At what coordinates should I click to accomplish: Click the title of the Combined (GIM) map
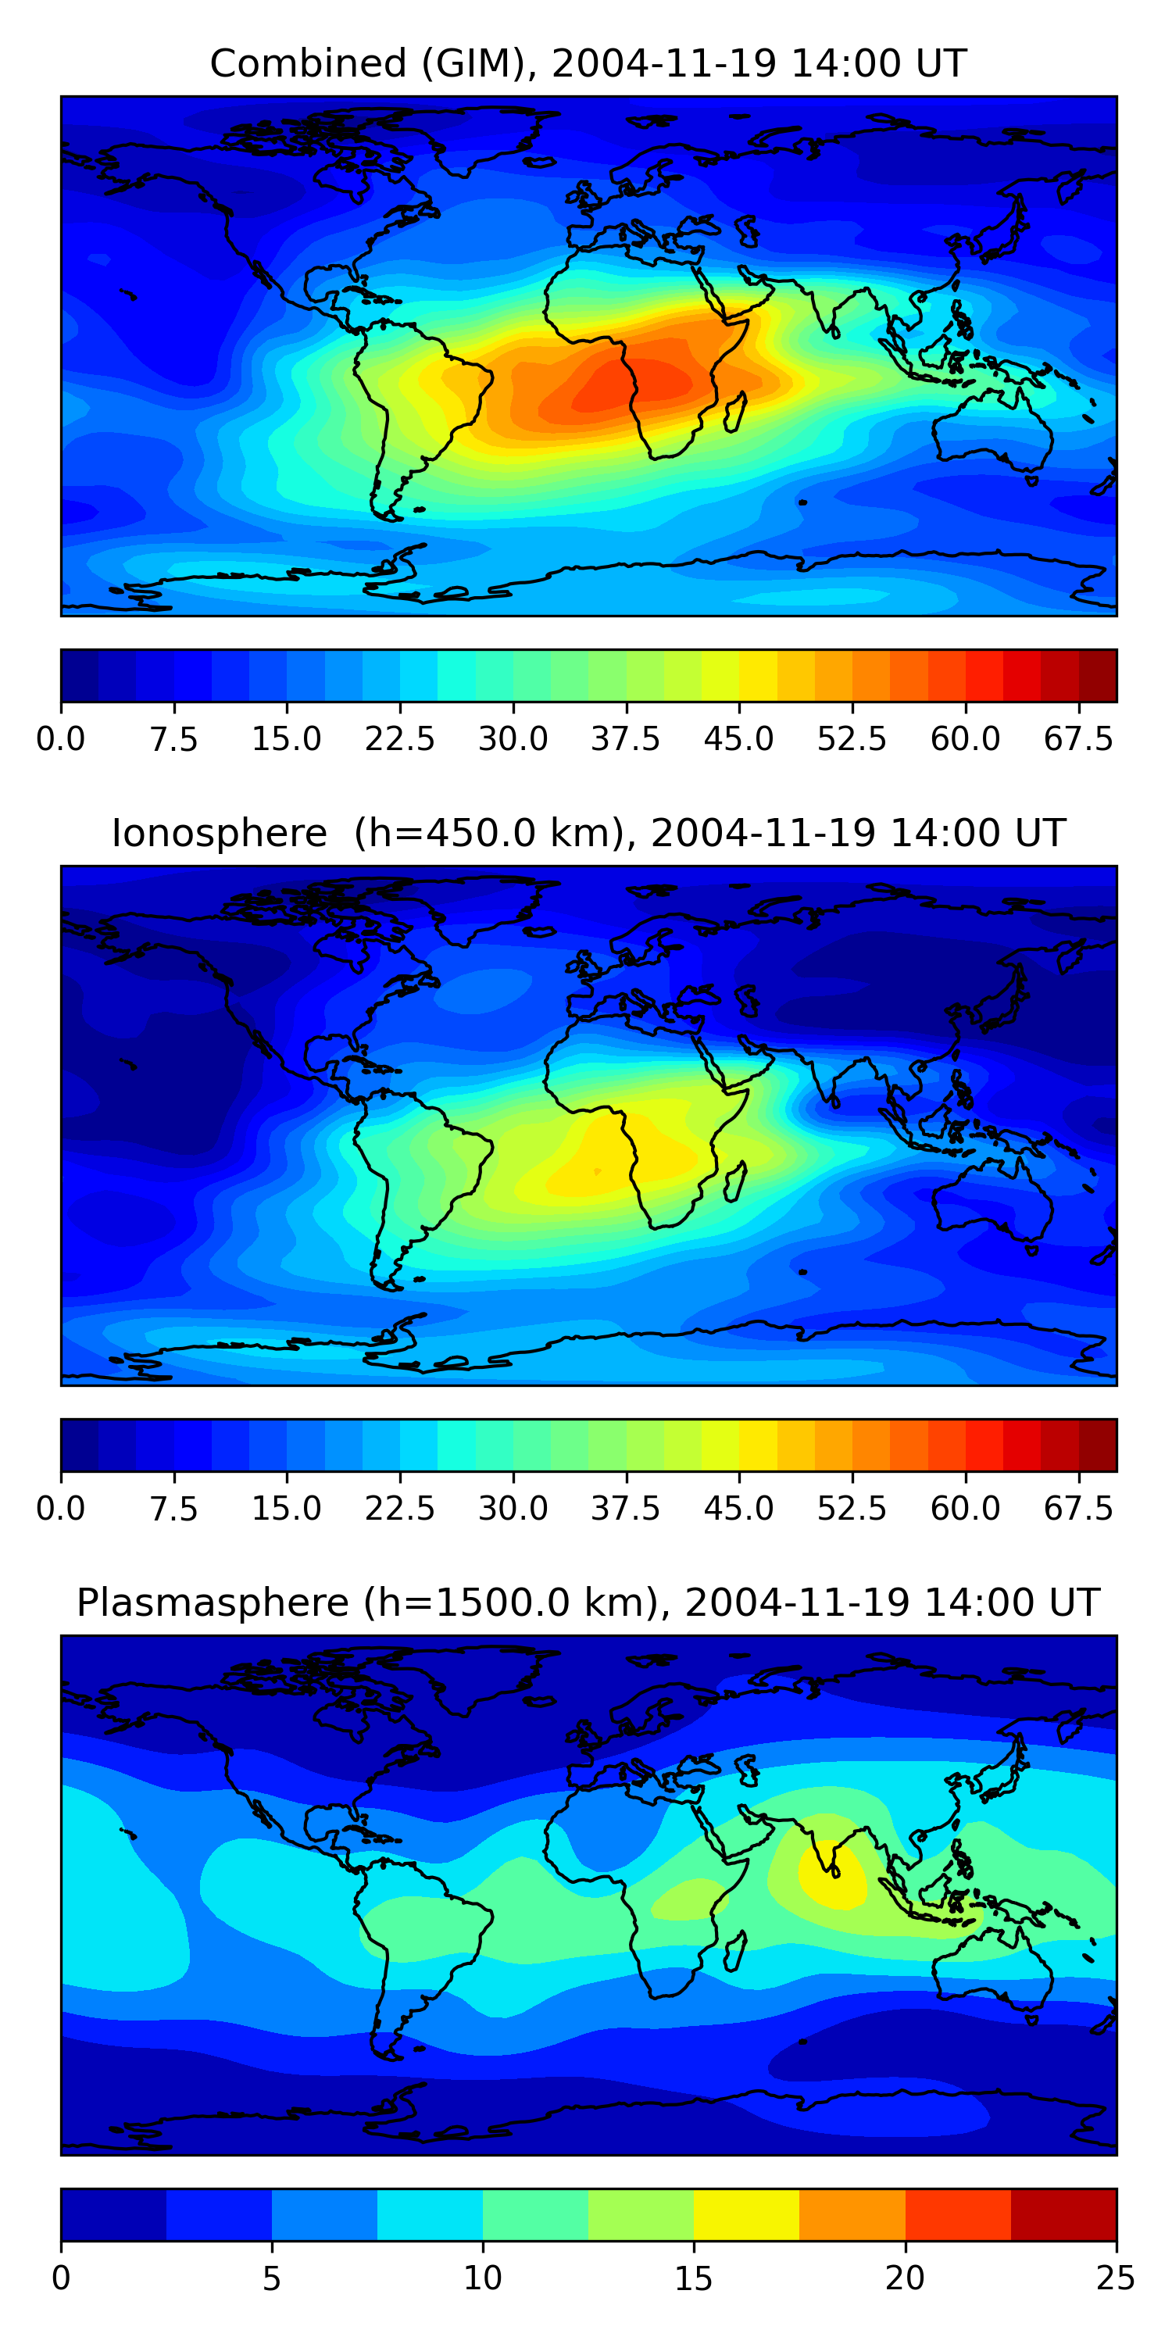click(x=588, y=64)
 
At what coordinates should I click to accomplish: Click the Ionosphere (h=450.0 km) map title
click(x=588, y=834)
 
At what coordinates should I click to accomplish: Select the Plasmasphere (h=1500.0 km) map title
click(x=588, y=1603)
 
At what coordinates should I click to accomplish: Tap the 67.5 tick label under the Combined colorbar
click(x=1078, y=739)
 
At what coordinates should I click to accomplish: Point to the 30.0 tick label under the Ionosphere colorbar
click(x=513, y=1509)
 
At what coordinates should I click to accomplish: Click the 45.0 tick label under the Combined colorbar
click(x=739, y=739)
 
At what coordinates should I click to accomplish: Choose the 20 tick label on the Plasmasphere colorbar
click(x=905, y=2278)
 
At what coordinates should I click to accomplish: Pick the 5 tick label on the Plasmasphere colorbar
click(x=272, y=2278)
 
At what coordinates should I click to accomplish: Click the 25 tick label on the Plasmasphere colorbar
click(x=1116, y=2278)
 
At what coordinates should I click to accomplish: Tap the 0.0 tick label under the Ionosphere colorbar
click(x=61, y=1509)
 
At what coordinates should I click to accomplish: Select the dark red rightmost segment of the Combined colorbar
click(x=1098, y=675)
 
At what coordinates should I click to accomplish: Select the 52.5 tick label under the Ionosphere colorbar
click(x=852, y=1509)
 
